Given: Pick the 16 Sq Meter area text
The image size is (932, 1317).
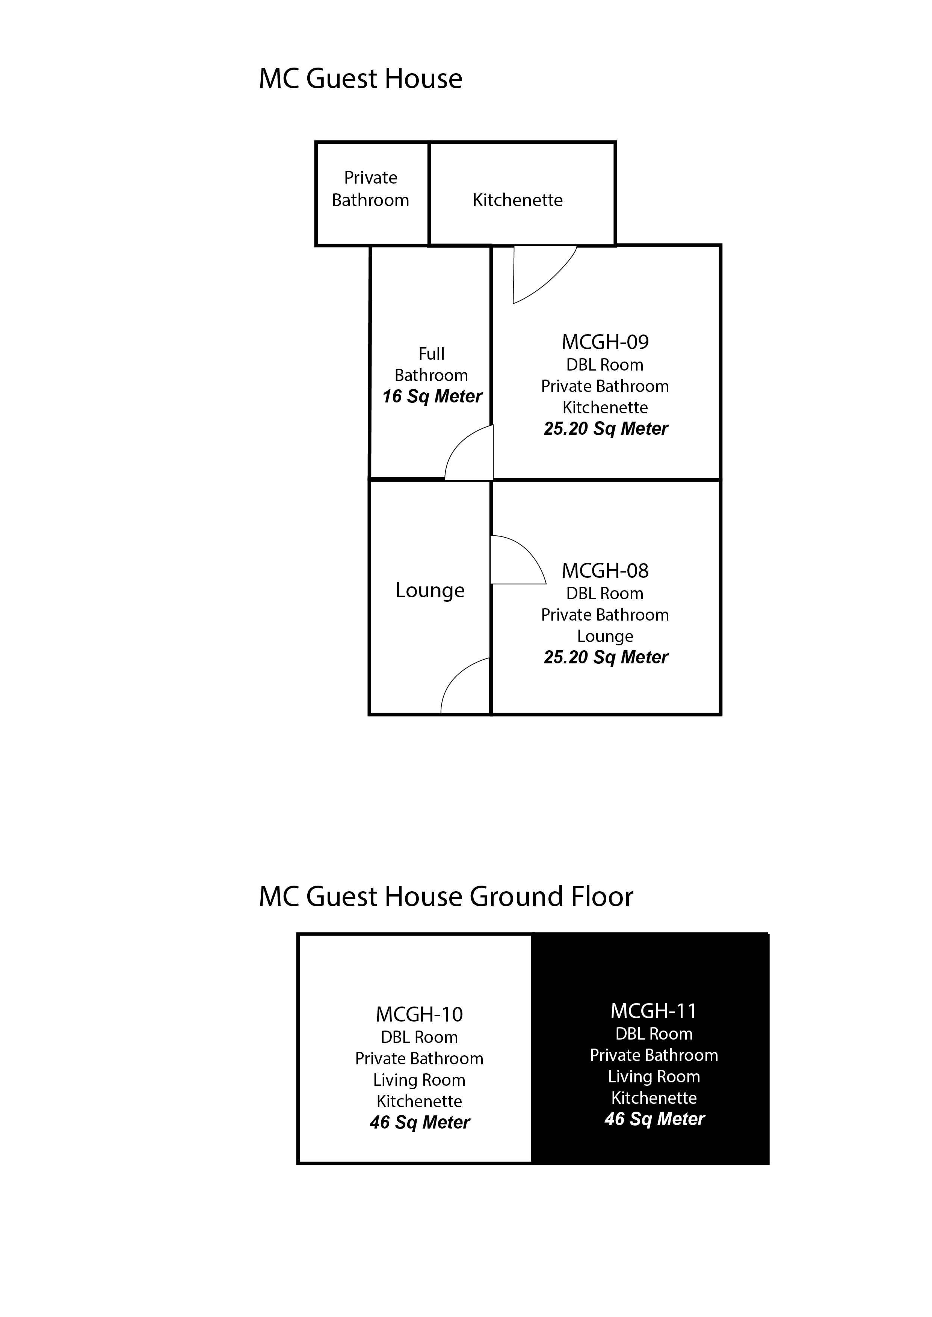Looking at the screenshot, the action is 432,396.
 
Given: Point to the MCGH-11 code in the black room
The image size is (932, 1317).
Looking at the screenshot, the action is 654,1011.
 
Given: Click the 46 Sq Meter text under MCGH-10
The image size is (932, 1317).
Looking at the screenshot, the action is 420,1122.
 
